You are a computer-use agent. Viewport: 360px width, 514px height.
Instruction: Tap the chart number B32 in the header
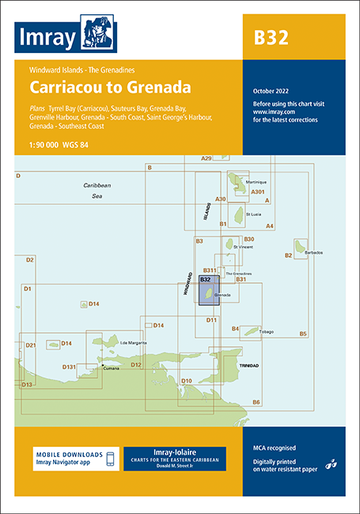click(270, 37)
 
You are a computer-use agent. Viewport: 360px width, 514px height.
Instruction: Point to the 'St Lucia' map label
click(254, 214)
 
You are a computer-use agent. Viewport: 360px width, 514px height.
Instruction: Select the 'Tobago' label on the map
click(265, 331)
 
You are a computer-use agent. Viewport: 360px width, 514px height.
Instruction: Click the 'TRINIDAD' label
click(250, 365)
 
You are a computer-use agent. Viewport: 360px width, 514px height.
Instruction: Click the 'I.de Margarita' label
click(134, 342)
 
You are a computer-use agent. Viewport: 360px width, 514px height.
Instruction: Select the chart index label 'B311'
click(210, 270)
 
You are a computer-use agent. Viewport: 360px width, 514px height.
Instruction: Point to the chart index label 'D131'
click(70, 367)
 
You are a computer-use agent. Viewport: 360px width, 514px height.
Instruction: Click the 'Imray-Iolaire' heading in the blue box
click(174, 452)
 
